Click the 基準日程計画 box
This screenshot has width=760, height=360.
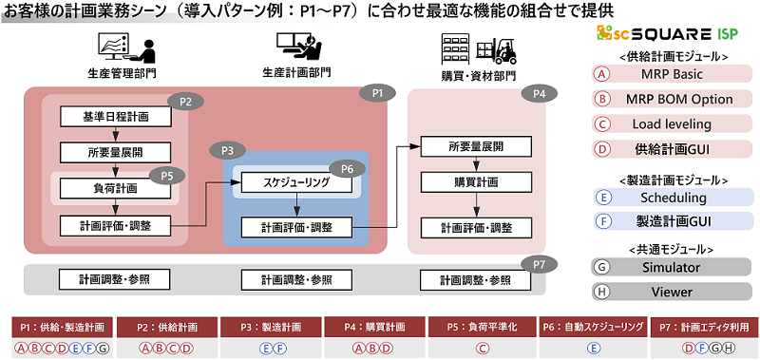[117, 116]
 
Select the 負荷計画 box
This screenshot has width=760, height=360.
[117, 188]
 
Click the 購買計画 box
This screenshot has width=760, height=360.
[475, 181]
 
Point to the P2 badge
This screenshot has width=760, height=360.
[185, 101]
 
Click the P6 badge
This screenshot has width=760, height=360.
[348, 167]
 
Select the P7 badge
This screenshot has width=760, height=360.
[539, 264]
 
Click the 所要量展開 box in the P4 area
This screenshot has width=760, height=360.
[475, 146]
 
